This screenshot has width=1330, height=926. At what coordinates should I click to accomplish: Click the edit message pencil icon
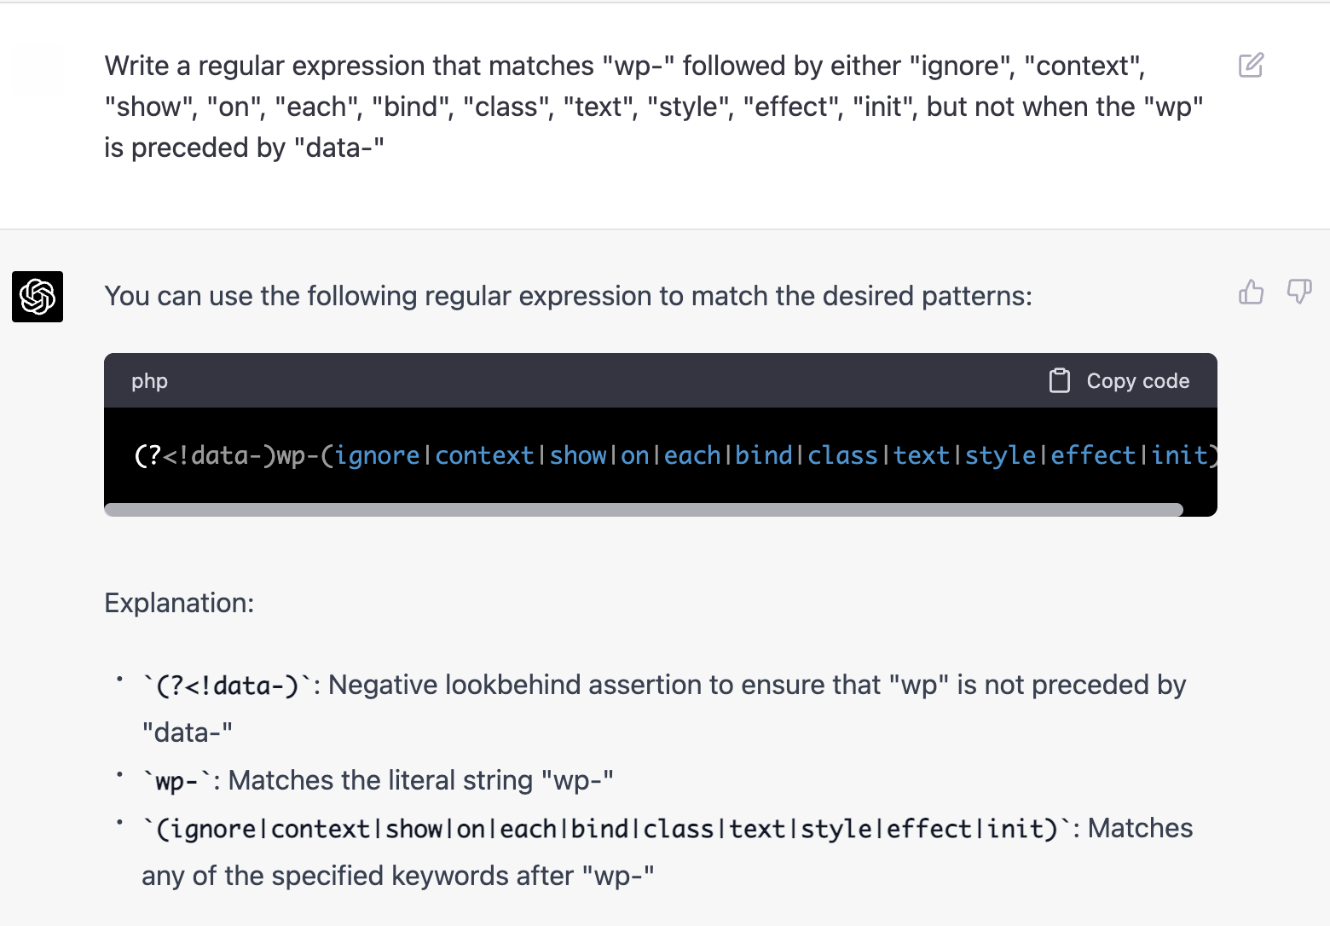point(1251,66)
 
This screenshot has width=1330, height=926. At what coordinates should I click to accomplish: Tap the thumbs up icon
point(1251,292)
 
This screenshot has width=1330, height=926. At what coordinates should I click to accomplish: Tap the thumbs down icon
point(1298,292)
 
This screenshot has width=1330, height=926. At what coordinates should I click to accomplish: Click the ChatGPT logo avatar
point(38,297)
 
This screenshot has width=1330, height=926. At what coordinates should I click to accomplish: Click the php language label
point(149,381)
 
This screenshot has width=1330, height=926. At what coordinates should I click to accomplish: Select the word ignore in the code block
point(377,455)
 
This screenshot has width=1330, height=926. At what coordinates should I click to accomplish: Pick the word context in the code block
point(484,455)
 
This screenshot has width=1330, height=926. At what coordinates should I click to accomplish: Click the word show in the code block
point(577,455)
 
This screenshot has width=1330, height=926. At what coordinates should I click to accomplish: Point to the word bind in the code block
point(763,455)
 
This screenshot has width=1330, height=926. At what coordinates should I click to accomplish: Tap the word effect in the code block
point(1092,455)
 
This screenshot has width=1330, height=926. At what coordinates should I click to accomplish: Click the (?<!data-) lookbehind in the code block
point(205,455)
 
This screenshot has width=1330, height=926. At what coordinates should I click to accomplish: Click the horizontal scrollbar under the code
point(644,510)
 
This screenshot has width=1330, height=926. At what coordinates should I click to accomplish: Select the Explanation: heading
point(179,603)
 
